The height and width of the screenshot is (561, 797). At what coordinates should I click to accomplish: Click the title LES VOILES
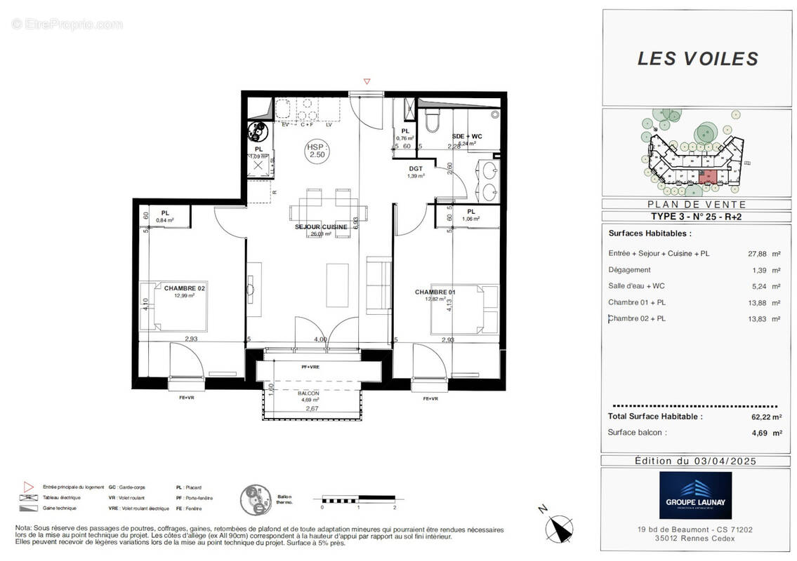point(697,59)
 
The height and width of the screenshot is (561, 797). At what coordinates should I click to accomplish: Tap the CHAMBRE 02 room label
point(184,288)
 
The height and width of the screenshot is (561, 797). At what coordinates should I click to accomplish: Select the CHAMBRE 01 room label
point(435,292)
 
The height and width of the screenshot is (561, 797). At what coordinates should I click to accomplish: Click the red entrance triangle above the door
point(367,82)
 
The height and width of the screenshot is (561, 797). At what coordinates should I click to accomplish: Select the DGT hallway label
point(415,169)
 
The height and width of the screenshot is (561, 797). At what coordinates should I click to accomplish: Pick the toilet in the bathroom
point(433,123)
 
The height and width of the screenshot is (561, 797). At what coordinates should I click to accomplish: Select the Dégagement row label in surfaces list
point(629,269)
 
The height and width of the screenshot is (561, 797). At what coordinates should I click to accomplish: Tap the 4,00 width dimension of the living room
point(320,339)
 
